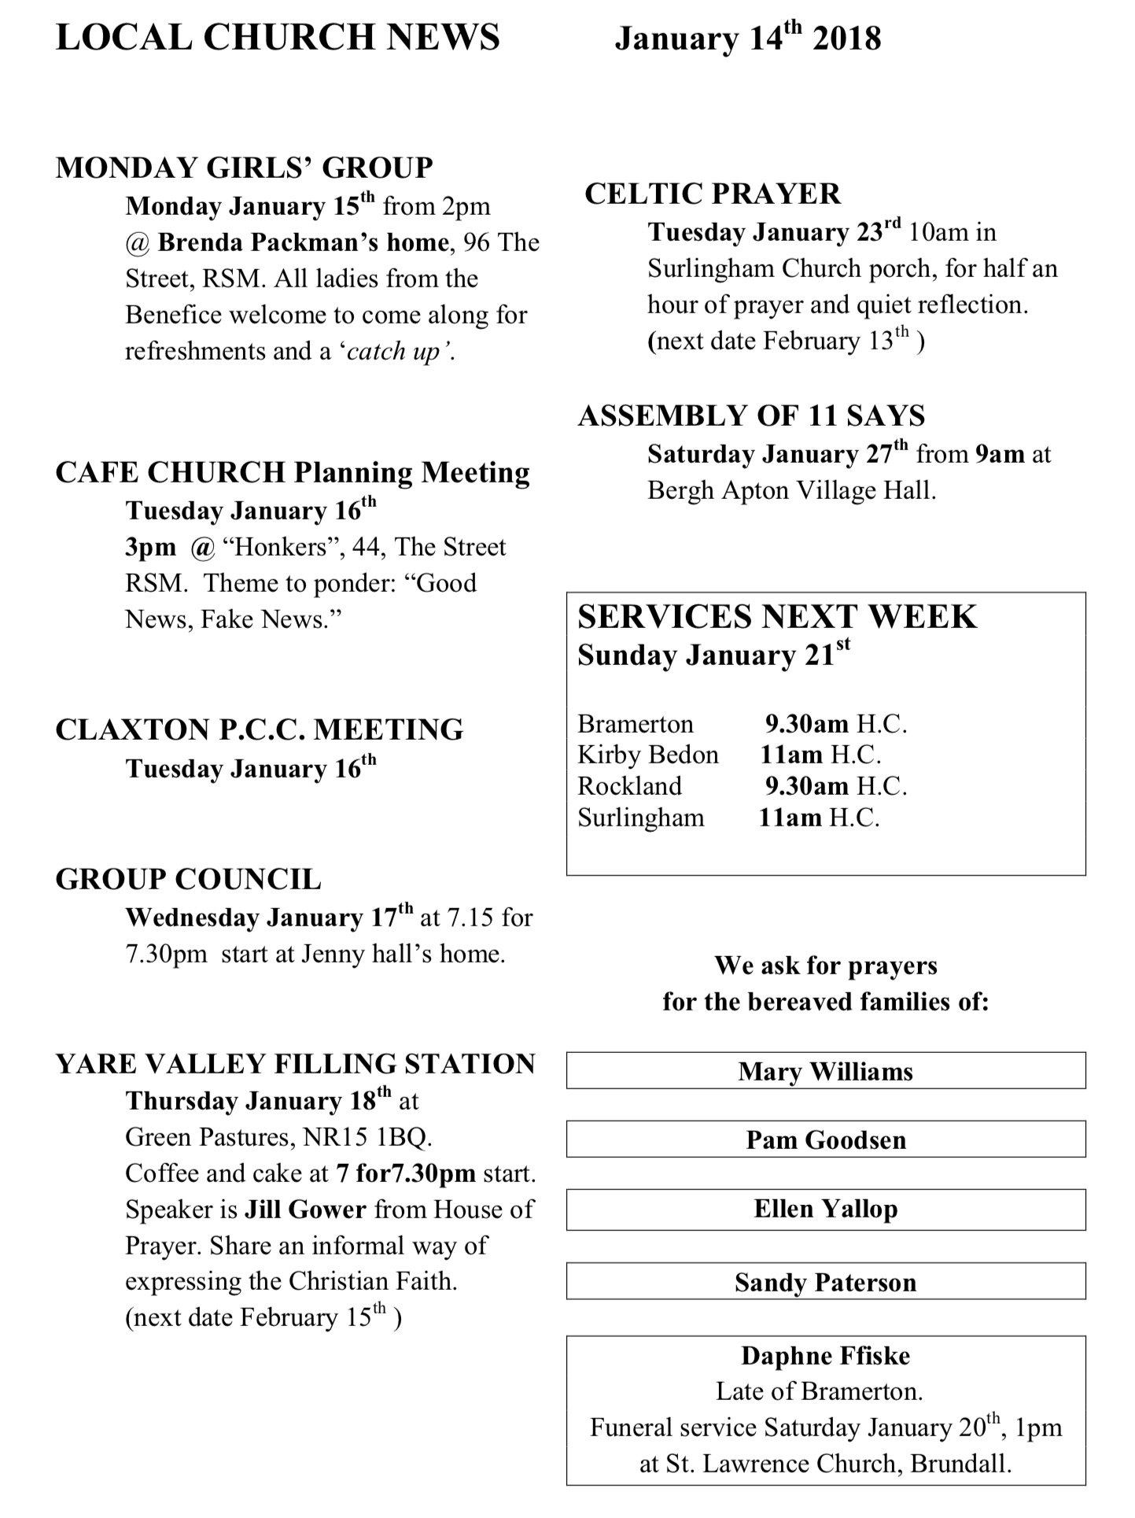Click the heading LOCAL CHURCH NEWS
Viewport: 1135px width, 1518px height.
click(278, 38)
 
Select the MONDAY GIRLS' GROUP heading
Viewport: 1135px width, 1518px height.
click(244, 168)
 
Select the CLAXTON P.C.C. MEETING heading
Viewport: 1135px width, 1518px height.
click(260, 729)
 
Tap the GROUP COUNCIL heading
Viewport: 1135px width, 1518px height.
click(188, 879)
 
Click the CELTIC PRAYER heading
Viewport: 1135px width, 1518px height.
click(713, 194)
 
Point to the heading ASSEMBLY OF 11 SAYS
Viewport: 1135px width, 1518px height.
click(751, 416)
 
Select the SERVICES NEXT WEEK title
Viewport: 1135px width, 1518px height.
click(777, 617)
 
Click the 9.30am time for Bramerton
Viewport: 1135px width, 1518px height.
click(807, 724)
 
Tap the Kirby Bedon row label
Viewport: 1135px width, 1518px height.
click(648, 755)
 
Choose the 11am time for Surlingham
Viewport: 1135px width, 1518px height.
click(790, 818)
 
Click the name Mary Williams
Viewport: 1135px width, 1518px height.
click(825, 1072)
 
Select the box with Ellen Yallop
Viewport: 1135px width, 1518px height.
click(825, 1210)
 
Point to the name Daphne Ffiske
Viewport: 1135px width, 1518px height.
click(825, 1356)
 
